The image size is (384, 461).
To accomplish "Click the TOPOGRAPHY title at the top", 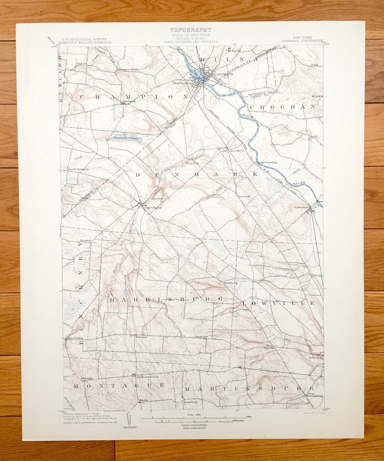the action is (x=191, y=30).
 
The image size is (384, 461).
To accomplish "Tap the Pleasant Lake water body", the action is (x=126, y=138).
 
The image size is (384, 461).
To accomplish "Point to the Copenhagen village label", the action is (x=153, y=207).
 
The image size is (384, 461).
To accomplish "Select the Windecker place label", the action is (x=201, y=336).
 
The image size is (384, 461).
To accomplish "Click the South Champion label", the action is (x=79, y=169).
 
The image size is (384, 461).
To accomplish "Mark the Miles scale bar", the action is (x=185, y=418).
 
